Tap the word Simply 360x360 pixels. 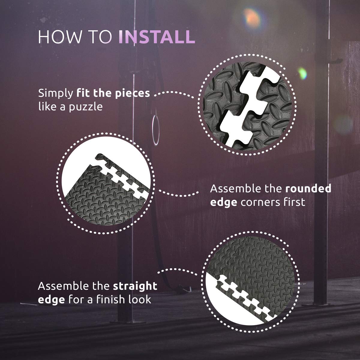56,94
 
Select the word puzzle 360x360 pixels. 86,107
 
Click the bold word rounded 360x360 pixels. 308,188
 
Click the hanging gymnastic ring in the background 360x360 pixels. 156,130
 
